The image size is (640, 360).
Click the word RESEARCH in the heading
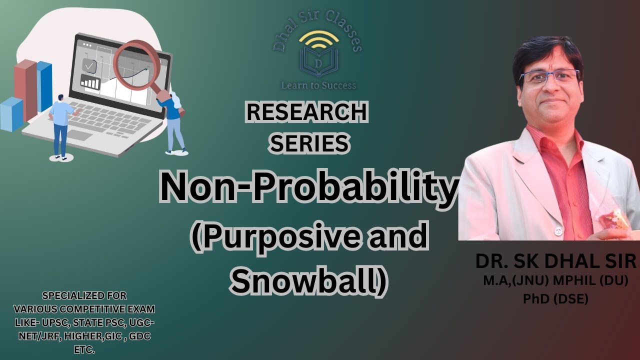click(x=306, y=112)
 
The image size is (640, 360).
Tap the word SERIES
click(x=309, y=143)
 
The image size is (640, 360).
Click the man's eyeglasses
click(x=549, y=77)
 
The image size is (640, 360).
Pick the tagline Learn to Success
click(x=318, y=85)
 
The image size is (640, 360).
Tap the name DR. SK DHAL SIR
click(x=556, y=261)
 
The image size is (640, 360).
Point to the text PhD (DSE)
click(x=555, y=299)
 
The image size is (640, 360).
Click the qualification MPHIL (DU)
click(x=593, y=281)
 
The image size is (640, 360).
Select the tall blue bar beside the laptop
click(x=44, y=86)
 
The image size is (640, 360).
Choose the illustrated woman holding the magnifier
click(x=175, y=122)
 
